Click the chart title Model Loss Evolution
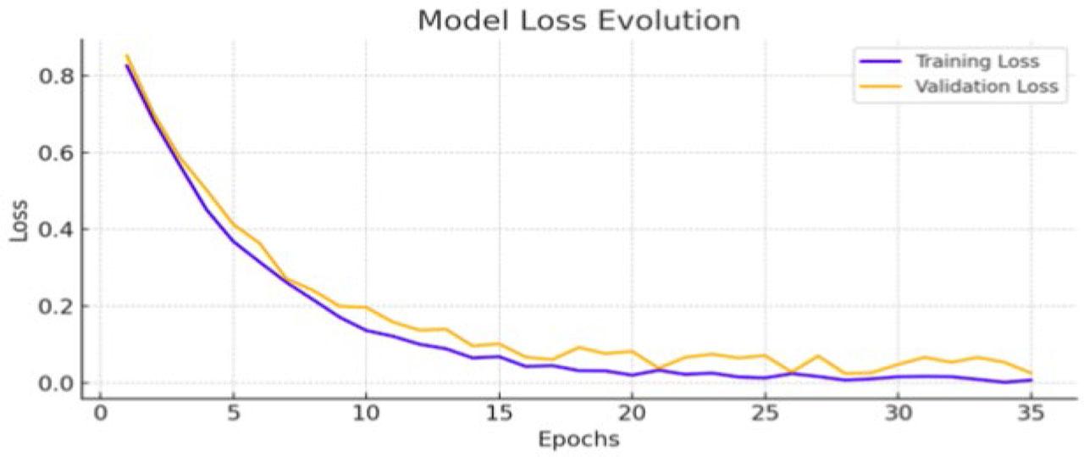[x=578, y=20]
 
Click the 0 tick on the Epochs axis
[x=100, y=415]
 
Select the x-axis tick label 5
[x=233, y=415]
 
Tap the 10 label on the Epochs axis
[x=366, y=415]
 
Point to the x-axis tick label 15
[x=499, y=415]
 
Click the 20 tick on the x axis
[x=632, y=415]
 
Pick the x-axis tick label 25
[x=765, y=415]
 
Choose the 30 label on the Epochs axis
[x=898, y=415]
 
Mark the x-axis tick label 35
[x=1031, y=415]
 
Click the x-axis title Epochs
[x=578, y=440]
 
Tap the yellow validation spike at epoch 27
[x=818, y=356]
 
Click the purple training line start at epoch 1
[x=127, y=66]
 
